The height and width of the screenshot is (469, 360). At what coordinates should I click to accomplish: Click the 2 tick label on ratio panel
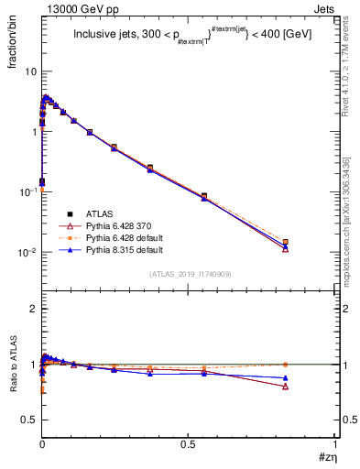click(34, 309)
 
